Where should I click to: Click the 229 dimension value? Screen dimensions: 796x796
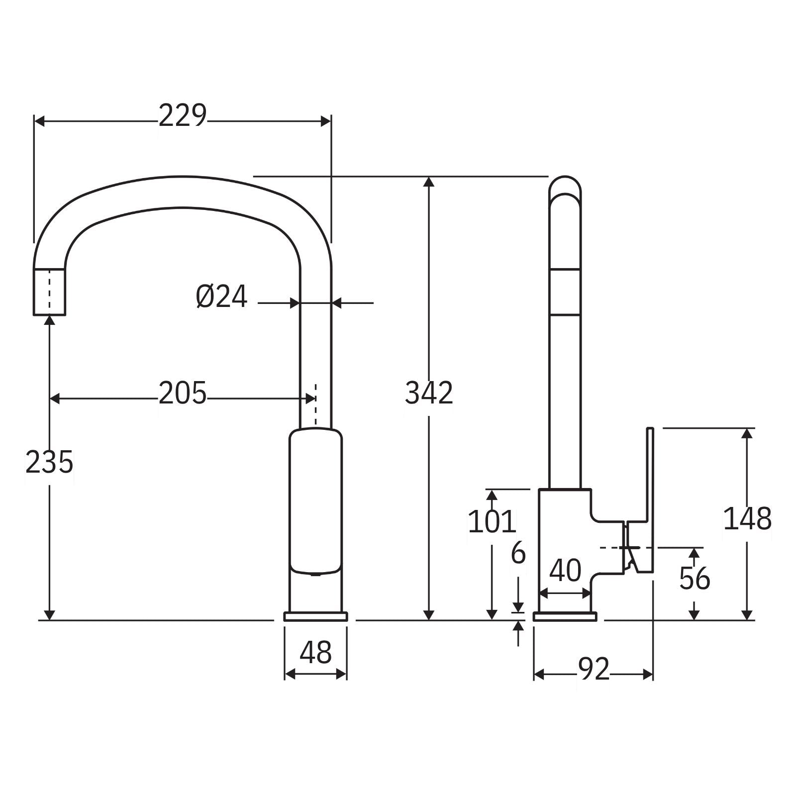coord(182,116)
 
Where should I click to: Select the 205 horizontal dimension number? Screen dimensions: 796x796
coord(182,394)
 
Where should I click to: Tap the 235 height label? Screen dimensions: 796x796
coord(49,462)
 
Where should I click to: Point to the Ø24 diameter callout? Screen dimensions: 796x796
coord(221,298)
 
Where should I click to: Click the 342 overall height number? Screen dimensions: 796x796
coord(429,393)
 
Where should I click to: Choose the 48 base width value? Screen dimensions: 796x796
coord(315,652)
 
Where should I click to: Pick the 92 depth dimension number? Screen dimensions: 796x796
coord(594,669)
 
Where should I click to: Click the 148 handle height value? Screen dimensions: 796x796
coord(747,519)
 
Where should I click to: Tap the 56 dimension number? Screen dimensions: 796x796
coord(695,579)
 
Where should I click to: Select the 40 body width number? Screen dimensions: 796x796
coord(565,571)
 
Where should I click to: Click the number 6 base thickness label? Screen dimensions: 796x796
coord(518,553)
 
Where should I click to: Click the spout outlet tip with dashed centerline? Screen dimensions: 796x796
coord(49,292)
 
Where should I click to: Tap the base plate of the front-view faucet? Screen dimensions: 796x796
coord(315,617)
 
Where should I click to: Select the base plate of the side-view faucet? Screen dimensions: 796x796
coord(565,617)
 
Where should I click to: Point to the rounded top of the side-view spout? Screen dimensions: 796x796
coord(565,187)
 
